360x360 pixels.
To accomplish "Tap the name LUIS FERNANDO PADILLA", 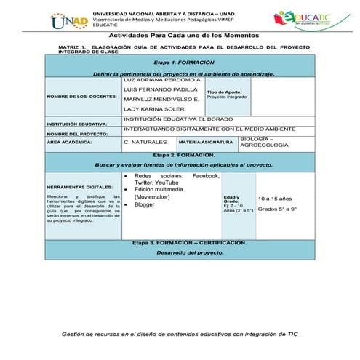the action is point(156,89).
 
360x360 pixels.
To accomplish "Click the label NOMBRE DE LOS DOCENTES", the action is point(81,96).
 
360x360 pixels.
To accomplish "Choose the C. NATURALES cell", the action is point(146,143).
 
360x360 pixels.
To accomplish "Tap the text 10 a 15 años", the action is point(274,198).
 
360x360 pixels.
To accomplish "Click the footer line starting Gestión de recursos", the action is point(180,334).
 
